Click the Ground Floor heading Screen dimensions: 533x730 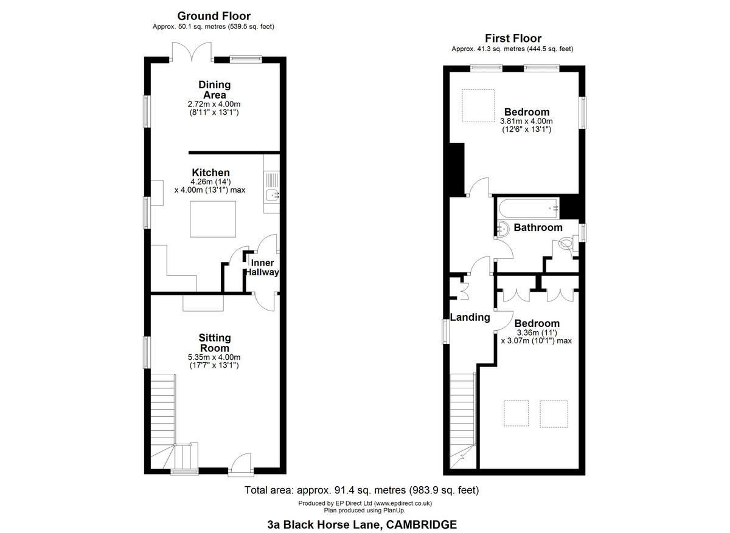tap(214, 16)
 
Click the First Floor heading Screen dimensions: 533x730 tap(512, 38)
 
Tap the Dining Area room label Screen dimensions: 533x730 tap(214, 90)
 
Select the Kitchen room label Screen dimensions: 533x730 tap(210, 173)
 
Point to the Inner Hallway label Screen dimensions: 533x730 tap(262, 267)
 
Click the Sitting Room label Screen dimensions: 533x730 tap(215, 343)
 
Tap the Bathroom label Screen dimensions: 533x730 tap(538, 227)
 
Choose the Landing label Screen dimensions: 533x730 tap(470, 317)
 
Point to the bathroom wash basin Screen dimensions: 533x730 tap(503, 229)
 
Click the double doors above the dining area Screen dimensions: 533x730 tap(192, 52)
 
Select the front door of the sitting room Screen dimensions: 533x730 tap(242, 463)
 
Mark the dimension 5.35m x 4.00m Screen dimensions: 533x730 tap(214, 357)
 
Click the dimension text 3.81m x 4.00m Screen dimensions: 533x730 tap(527, 122)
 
